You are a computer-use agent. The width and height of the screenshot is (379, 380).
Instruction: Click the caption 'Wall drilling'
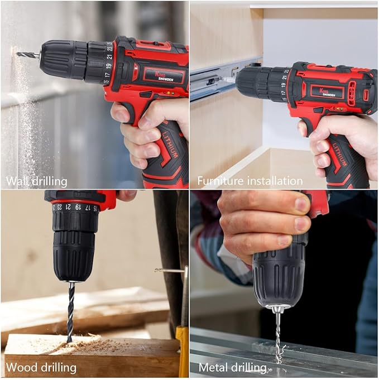coord(37,181)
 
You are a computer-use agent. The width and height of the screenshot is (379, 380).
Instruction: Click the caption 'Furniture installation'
coord(250,181)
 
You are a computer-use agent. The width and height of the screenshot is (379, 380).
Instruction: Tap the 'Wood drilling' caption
coord(41,368)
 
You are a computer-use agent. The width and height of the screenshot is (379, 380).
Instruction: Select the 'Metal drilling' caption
coord(232,368)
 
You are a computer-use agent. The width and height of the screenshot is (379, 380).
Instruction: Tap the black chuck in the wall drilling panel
coord(63,59)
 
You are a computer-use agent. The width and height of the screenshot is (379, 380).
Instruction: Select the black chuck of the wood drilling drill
coord(74,254)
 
